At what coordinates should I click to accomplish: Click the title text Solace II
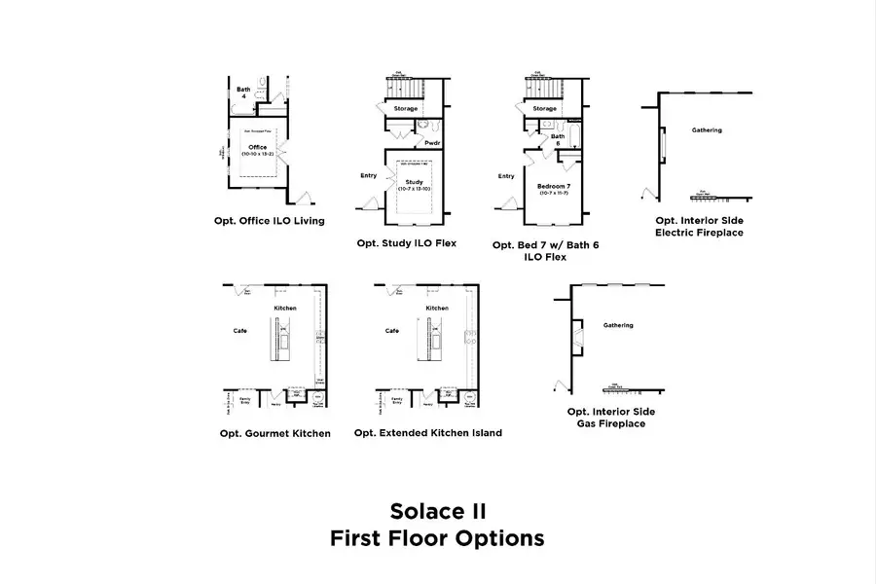click(x=437, y=511)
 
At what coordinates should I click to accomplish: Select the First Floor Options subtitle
click(x=437, y=537)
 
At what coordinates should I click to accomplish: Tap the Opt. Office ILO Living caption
click(x=270, y=221)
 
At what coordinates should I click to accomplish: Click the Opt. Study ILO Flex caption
click(x=407, y=242)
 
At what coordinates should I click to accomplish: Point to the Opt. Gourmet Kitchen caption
click(x=274, y=433)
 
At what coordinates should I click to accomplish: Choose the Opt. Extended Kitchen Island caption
click(x=428, y=433)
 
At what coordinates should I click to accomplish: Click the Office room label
click(x=258, y=148)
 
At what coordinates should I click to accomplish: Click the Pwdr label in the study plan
click(x=433, y=142)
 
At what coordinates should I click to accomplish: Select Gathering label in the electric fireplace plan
click(x=707, y=129)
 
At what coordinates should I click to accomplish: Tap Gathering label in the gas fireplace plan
click(x=618, y=325)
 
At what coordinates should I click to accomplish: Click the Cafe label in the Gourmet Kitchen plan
click(x=239, y=331)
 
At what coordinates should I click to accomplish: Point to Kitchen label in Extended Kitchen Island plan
click(x=438, y=309)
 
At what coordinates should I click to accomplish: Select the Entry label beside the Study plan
click(x=369, y=176)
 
